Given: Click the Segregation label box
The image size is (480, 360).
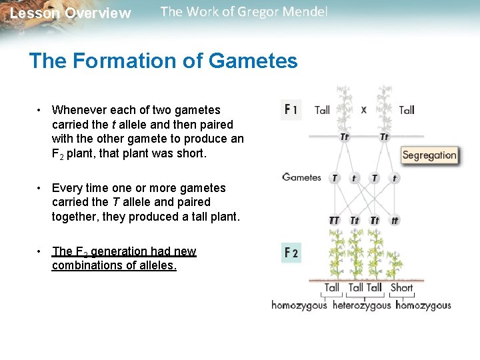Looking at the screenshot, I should tap(429, 155).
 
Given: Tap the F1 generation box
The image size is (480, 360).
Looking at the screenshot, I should tap(291, 109).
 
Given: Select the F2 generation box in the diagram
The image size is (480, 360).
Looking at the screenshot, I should tap(291, 253).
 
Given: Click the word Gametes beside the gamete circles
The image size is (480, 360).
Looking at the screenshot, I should tap(301, 177).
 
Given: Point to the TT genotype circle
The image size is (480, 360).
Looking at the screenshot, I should tap(334, 221).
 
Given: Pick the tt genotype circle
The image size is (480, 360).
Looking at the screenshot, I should tap(395, 221).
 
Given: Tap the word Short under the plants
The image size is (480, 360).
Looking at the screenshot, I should tap(401, 288).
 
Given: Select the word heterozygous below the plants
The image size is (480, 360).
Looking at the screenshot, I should tap(361, 305).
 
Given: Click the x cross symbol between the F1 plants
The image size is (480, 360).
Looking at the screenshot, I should tap(363, 109).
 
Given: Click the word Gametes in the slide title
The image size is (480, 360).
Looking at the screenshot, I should tap(253, 61).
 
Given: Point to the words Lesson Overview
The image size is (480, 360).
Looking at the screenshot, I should tap(71, 13).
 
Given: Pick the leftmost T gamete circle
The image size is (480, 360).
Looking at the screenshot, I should tap(334, 178).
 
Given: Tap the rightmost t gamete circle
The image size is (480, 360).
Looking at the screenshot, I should tap(395, 178).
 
